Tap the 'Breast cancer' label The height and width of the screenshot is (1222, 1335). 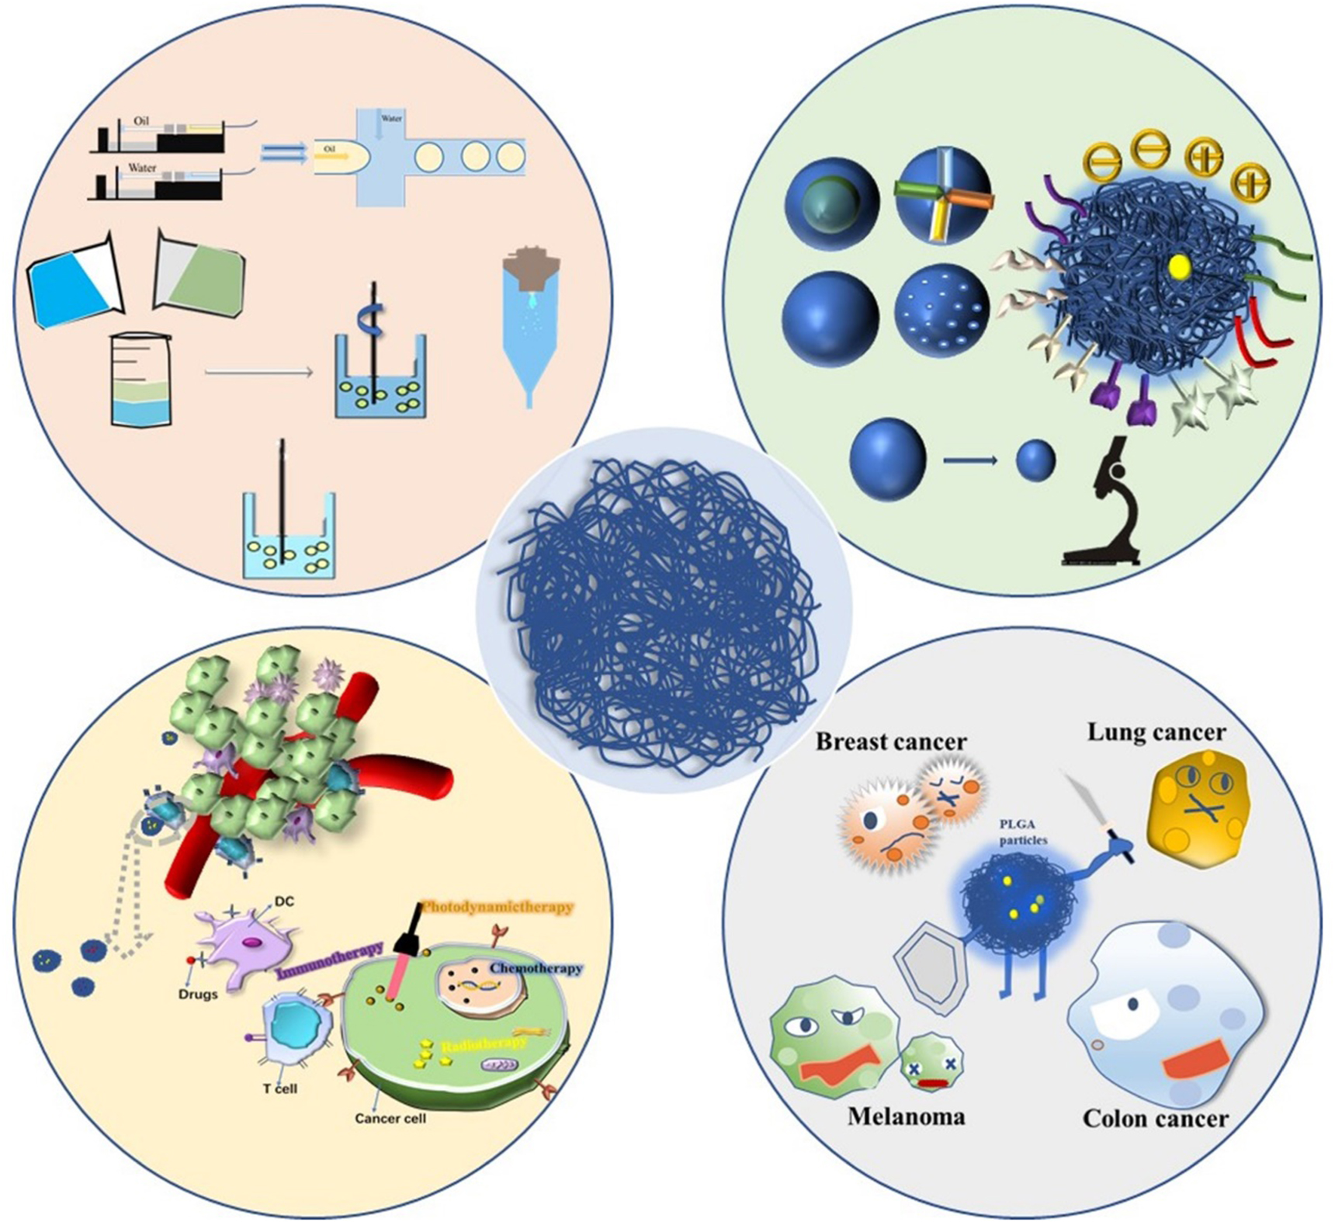click(x=890, y=742)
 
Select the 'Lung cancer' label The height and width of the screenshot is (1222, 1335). click(x=1156, y=732)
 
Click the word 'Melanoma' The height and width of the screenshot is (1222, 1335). click(x=906, y=1116)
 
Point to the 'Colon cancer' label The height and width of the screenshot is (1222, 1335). click(x=1155, y=1119)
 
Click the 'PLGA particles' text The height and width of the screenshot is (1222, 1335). click(x=1023, y=832)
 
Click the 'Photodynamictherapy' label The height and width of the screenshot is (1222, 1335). click(x=498, y=907)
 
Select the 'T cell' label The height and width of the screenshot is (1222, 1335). click(x=280, y=1088)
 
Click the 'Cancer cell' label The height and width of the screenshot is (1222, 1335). click(x=390, y=1119)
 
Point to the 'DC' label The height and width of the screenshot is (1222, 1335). click(x=284, y=902)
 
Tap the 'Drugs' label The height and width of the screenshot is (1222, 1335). click(x=198, y=994)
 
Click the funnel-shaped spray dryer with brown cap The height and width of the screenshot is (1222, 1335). click(x=531, y=326)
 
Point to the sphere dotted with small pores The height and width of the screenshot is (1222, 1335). click(x=941, y=318)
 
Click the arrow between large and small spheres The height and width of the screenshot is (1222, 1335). click(x=970, y=461)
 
